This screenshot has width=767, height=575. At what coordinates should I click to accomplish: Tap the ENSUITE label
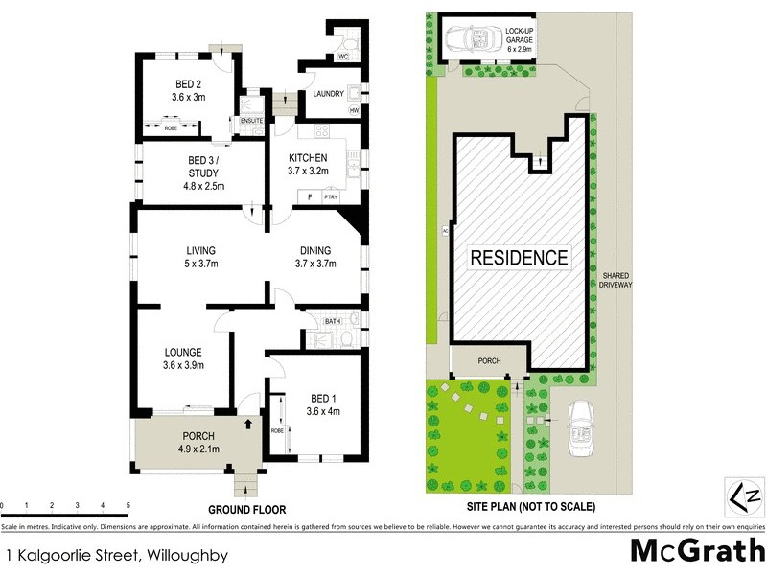[251, 120]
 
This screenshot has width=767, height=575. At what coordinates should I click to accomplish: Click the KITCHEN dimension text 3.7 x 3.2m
[309, 172]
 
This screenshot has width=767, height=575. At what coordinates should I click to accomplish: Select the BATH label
[333, 321]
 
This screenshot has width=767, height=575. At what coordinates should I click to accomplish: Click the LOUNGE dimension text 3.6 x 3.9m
[182, 365]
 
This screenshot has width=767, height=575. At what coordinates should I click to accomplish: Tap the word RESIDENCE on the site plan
[519, 258]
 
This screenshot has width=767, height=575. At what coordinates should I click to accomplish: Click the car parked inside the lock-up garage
[470, 40]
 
